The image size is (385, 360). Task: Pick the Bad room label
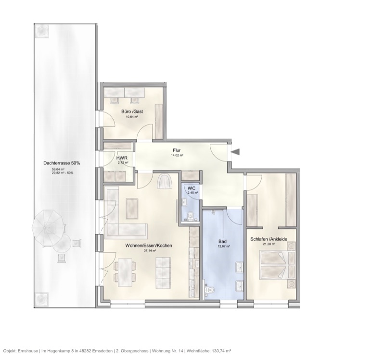click(222, 241)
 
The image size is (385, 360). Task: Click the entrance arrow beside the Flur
click(236, 152)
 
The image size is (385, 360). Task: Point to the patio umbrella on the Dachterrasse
click(48, 225)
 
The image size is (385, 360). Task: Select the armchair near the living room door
click(164, 182)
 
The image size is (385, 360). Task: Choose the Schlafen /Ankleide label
click(269, 239)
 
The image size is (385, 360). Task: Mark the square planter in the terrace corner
click(42, 32)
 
